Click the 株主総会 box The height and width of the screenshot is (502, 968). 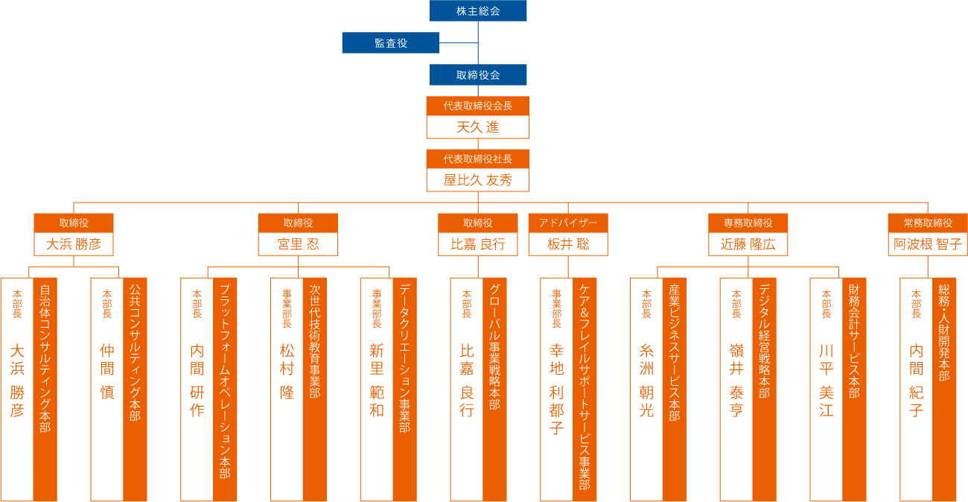(x=478, y=11)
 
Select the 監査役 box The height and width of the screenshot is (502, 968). (x=390, y=43)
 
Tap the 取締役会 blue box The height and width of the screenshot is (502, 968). (x=478, y=75)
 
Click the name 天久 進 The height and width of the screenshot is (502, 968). (x=478, y=127)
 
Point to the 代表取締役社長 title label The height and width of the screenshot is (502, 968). (x=478, y=159)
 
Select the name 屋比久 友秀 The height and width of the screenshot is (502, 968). (x=478, y=180)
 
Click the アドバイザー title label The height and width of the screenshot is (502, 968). (x=568, y=223)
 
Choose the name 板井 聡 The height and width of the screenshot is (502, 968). (x=568, y=244)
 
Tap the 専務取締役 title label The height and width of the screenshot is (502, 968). (x=748, y=223)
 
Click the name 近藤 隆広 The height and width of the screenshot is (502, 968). (x=748, y=244)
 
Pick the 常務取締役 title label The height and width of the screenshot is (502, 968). (x=928, y=223)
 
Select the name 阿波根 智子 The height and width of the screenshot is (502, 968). (x=928, y=244)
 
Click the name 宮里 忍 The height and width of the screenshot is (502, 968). (x=298, y=244)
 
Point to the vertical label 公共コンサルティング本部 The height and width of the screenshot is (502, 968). (x=135, y=352)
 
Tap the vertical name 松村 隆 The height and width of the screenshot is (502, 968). (x=287, y=372)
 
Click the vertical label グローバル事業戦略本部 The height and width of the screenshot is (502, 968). (x=494, y=347)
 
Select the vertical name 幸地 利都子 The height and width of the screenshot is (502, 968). (x=557, y=389)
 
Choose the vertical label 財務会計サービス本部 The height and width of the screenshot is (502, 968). (x=854, y=340)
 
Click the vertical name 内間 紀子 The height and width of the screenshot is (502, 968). (x=917, y=380)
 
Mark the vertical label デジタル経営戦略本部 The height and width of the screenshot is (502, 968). (x=765, y=340)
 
